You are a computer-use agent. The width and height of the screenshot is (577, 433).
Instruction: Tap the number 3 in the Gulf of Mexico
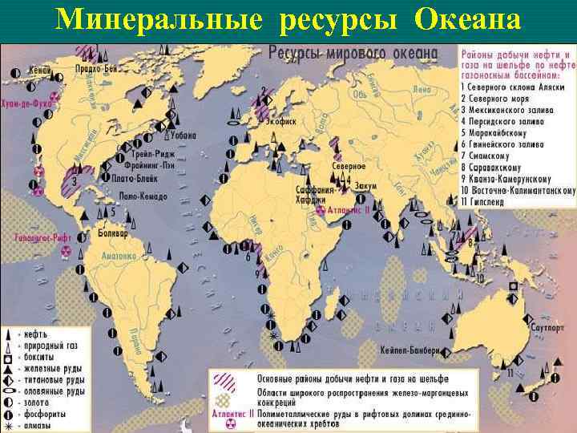(x=75, y=182)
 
